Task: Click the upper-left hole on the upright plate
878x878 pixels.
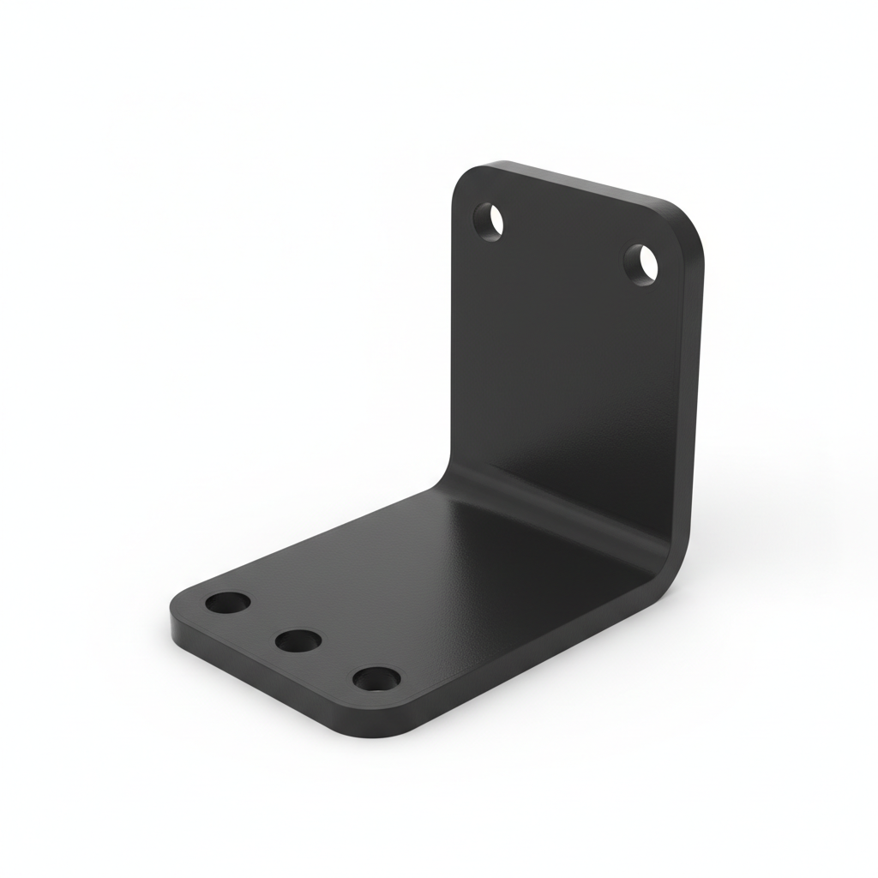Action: click(x=490, y=220)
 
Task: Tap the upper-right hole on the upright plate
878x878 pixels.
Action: click(x=641, y=263)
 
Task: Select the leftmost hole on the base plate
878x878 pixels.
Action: click(x=228, y=602)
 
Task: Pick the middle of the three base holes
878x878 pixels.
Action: click(x=298, y=639)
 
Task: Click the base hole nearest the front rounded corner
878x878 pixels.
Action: click(x=376, y=679)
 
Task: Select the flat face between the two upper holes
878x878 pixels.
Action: click(x=566, y=249)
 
